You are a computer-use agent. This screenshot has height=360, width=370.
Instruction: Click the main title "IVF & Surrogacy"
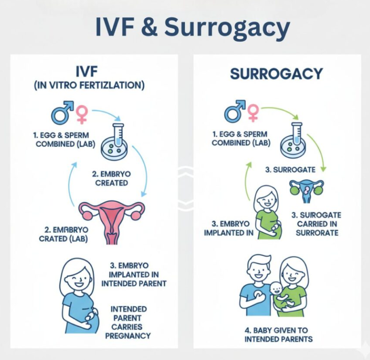click(192, 27)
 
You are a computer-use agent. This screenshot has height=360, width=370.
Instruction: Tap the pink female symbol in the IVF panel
click(82, 113)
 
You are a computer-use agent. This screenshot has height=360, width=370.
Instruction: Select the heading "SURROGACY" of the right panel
click(276, 74)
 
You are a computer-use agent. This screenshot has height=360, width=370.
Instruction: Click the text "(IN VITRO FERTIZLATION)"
click(89, 86)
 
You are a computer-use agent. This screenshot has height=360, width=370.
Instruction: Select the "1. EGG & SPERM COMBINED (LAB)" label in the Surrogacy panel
click(241, 139)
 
